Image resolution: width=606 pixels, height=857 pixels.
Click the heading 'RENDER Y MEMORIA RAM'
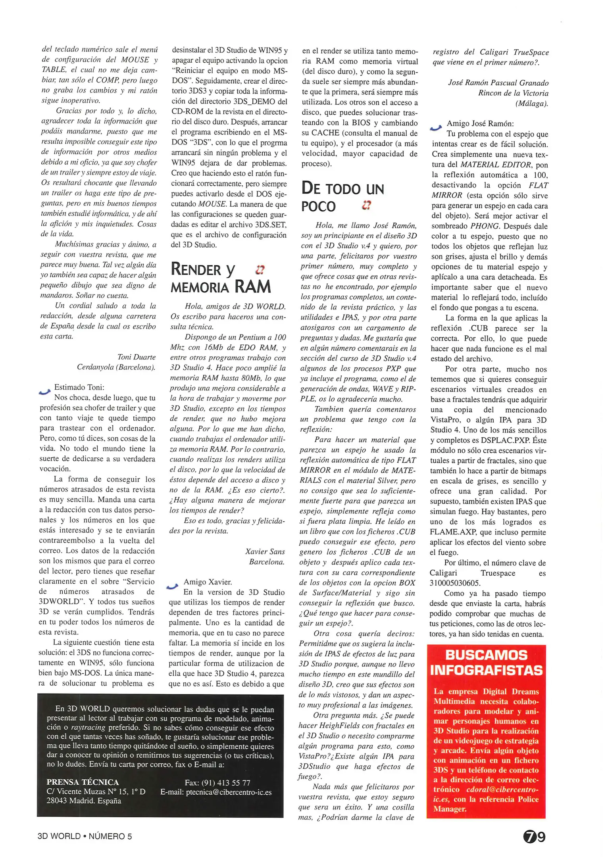coord(221,278)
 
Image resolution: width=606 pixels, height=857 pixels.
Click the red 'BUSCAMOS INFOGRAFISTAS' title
coord(486,663)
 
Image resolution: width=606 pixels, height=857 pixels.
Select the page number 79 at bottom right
coord(534,837)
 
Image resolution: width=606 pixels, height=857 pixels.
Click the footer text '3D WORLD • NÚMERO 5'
coord(85,836)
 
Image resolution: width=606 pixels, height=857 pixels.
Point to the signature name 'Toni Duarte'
coord(137,357)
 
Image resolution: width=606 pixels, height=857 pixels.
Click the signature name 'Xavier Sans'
coord(265,551)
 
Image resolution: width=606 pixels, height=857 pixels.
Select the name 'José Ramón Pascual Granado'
coord(498,83)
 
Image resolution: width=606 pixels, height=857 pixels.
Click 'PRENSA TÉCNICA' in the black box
coord(83,782)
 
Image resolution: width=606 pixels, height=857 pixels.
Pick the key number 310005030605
coord(455,583)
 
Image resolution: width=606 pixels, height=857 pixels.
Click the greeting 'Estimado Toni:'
coord(79,387)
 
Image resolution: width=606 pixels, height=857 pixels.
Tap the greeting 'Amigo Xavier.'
coord(208,582)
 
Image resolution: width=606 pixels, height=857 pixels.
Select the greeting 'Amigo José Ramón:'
coord(480,124)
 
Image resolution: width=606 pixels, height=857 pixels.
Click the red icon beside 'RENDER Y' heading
coord(260,270)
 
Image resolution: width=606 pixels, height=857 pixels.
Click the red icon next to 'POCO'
coord(366,205)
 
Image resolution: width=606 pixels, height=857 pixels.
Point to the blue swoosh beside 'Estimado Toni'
coord(45,391)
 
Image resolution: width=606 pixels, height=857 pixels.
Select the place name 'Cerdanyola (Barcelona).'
coord(116,367)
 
